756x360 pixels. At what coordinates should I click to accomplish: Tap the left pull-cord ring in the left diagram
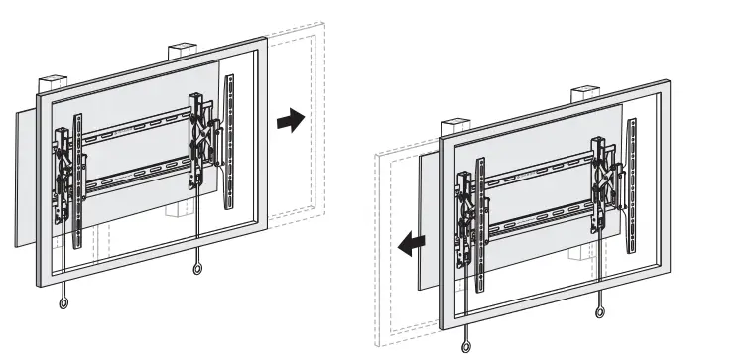(x=65, y=304)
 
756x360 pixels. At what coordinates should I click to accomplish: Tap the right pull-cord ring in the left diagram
(x=198, y=269)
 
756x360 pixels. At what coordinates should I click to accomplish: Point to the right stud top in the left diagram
(x=180, y=50)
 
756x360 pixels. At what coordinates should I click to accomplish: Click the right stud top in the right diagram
(x=582, y=96)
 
